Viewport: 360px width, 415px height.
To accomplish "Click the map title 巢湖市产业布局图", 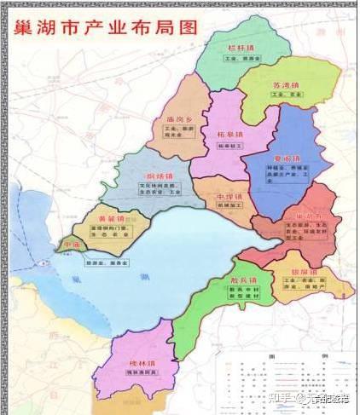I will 103,26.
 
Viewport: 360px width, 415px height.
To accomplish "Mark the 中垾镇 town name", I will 224,197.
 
